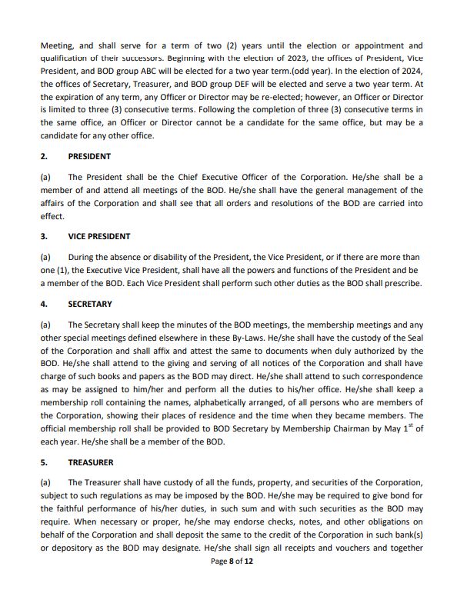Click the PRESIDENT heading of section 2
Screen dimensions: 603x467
[x=89, y=156]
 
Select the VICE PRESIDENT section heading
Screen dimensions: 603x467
[x=99, y=236]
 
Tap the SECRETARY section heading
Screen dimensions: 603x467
[x=91, y=304]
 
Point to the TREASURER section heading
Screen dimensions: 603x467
[x=91, y=463]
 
